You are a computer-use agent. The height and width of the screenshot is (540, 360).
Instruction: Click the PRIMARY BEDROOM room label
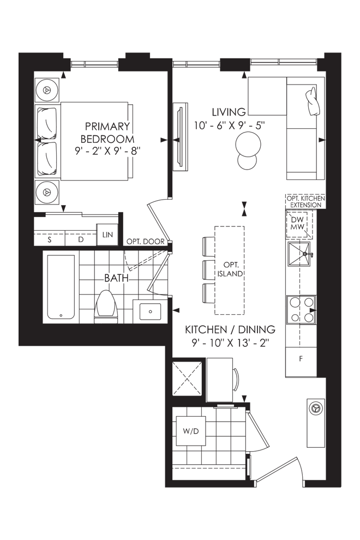click(x=107, y=133)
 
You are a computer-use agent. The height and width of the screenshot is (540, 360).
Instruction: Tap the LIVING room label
click(x=229, y=112)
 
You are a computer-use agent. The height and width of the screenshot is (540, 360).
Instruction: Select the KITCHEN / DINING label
click(x=230, y=329)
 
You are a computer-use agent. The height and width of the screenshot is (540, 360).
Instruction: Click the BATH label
click(x=116, y=278)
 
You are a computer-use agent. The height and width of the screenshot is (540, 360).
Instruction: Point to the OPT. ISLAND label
click(x=230, y=269)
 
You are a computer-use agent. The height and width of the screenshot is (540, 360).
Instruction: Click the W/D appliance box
click(x=191, y=431)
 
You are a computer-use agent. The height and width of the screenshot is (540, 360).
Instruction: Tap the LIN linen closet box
click(x=107, y=235)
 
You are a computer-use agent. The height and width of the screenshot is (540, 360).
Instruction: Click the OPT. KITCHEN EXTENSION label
click(x=305, y=202)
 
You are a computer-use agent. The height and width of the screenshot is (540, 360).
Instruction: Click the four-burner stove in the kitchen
click(x=302, y=310)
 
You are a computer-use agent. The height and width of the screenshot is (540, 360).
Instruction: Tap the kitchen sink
click(x=299, y=254)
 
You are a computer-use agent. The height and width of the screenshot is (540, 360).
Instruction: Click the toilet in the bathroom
click(x=106, y=307)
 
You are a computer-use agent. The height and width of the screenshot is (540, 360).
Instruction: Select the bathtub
click(x=61, y=287)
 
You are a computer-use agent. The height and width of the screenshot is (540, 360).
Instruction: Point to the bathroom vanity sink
click(x=150, y=311)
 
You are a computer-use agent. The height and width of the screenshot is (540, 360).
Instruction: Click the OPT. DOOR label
click(x=146, y=242)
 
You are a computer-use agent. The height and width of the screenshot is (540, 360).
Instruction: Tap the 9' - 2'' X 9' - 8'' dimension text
click(x=108, y=151)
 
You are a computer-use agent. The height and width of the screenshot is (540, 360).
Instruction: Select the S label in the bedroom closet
click(x=49, y=239)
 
